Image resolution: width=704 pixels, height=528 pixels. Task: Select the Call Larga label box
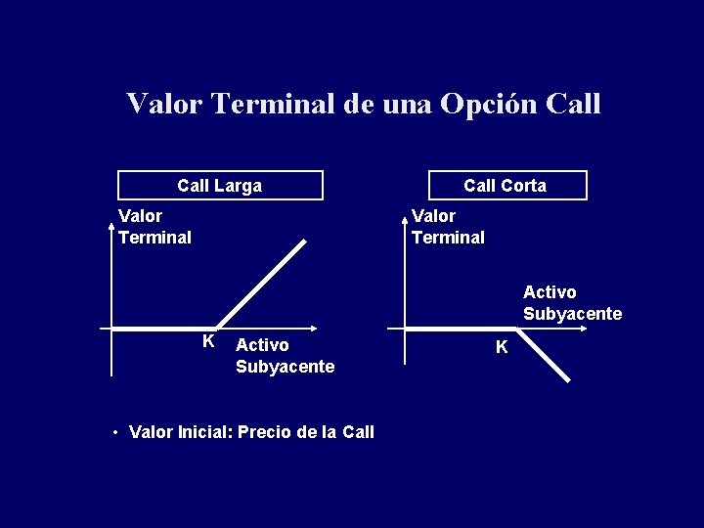click(220, 185)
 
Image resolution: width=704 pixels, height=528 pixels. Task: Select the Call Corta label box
click(506, 185)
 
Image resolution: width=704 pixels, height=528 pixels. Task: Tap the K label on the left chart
click(208, 341)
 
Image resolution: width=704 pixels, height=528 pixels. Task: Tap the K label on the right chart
click(502, 347)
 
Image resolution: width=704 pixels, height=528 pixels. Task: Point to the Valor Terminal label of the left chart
click(154, 226)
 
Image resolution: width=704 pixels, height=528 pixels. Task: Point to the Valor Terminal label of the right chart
click(448, 226)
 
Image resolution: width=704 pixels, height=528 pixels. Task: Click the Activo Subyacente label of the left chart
click(285, 356)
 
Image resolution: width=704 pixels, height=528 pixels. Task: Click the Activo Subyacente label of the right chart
click(572, 303)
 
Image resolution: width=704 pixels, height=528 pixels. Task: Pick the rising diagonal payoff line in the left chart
click(261, 283)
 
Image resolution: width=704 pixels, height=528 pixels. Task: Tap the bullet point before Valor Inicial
click(115, 432)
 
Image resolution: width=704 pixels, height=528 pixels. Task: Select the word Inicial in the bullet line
click(198, 432)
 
